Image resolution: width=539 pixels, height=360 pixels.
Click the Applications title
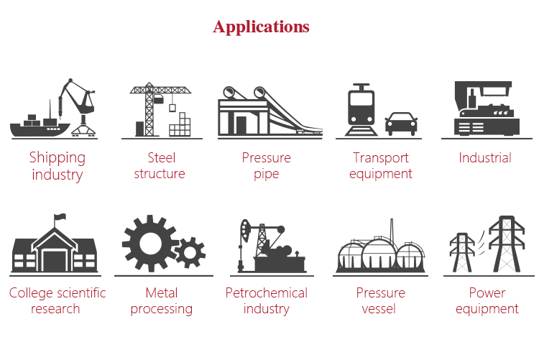261,27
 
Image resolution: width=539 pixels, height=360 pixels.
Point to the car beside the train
401,124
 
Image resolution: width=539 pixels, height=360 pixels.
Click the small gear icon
190,252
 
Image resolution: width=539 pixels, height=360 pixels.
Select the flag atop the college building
60,217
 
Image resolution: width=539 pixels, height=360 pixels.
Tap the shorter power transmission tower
459,252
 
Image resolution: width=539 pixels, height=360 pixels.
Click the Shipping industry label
57,166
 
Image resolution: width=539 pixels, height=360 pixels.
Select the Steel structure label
160,165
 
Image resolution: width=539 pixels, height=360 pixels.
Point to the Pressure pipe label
266,165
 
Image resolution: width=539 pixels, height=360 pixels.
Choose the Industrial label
485,158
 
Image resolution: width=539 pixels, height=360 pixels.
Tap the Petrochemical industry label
266,301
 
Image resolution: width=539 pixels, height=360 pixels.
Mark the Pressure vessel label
380,301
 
